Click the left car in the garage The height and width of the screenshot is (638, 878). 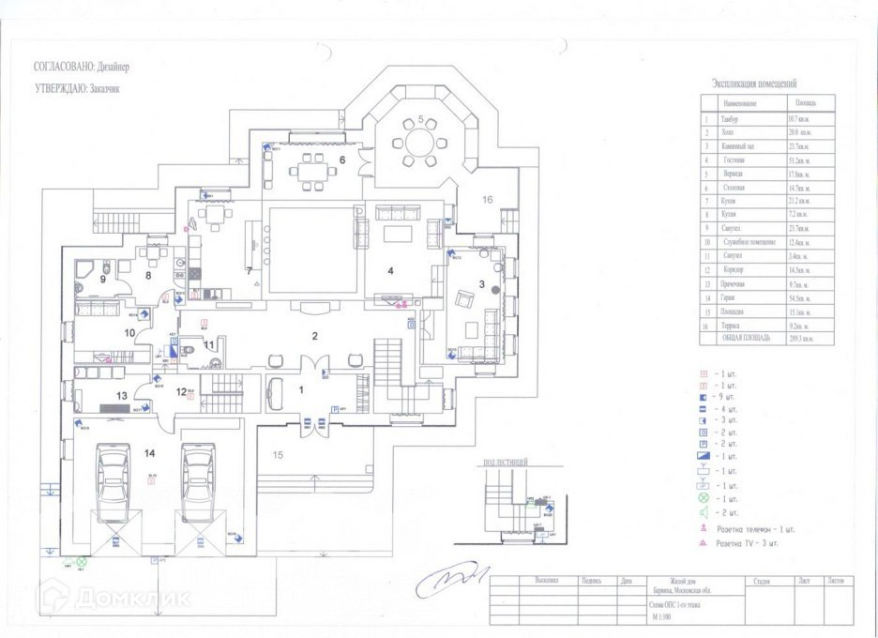point(114,482)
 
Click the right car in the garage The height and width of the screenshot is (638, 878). point(199,482)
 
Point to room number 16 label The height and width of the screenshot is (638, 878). point(488,199)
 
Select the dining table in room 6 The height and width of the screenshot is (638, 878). point(307,173)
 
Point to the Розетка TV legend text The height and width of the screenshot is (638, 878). point(747,543)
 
